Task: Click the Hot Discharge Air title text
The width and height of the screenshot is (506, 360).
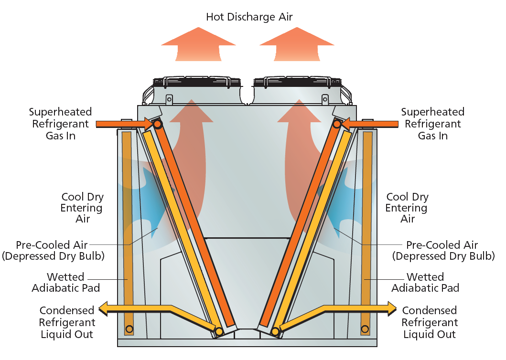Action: (x=249, y=17)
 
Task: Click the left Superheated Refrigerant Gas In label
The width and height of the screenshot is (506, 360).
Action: (x=60, y=124)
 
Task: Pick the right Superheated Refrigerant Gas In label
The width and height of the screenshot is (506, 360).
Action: (x=432, y=124)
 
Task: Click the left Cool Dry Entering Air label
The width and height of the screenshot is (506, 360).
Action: (x=82, y=208)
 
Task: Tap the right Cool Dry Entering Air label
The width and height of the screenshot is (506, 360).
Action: (x=407, y=208)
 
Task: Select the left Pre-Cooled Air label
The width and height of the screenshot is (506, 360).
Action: (x=53, y=250)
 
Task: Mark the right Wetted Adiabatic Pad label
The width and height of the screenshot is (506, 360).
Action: (x=425, y=283)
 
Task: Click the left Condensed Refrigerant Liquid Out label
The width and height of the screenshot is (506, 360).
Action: (x=67, y=322)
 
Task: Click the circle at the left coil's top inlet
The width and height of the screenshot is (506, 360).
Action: (x=157, y=124)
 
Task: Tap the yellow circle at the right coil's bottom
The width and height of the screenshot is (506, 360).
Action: (x=275, y=331)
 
